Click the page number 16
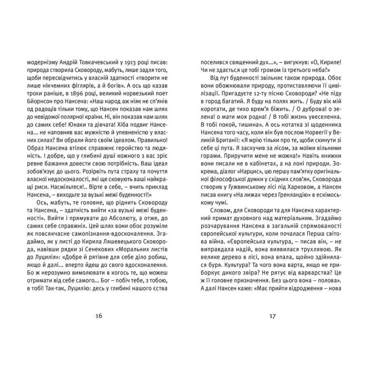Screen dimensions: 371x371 click(x=99, y=316)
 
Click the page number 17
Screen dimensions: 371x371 click(x=273, y=316)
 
